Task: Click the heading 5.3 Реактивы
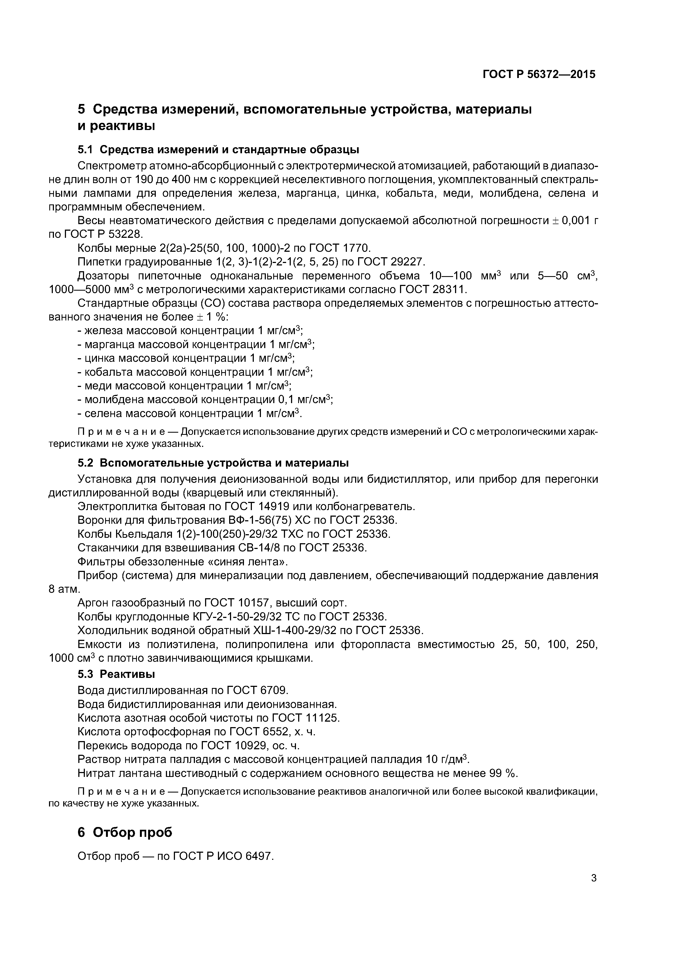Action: [116, 674]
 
